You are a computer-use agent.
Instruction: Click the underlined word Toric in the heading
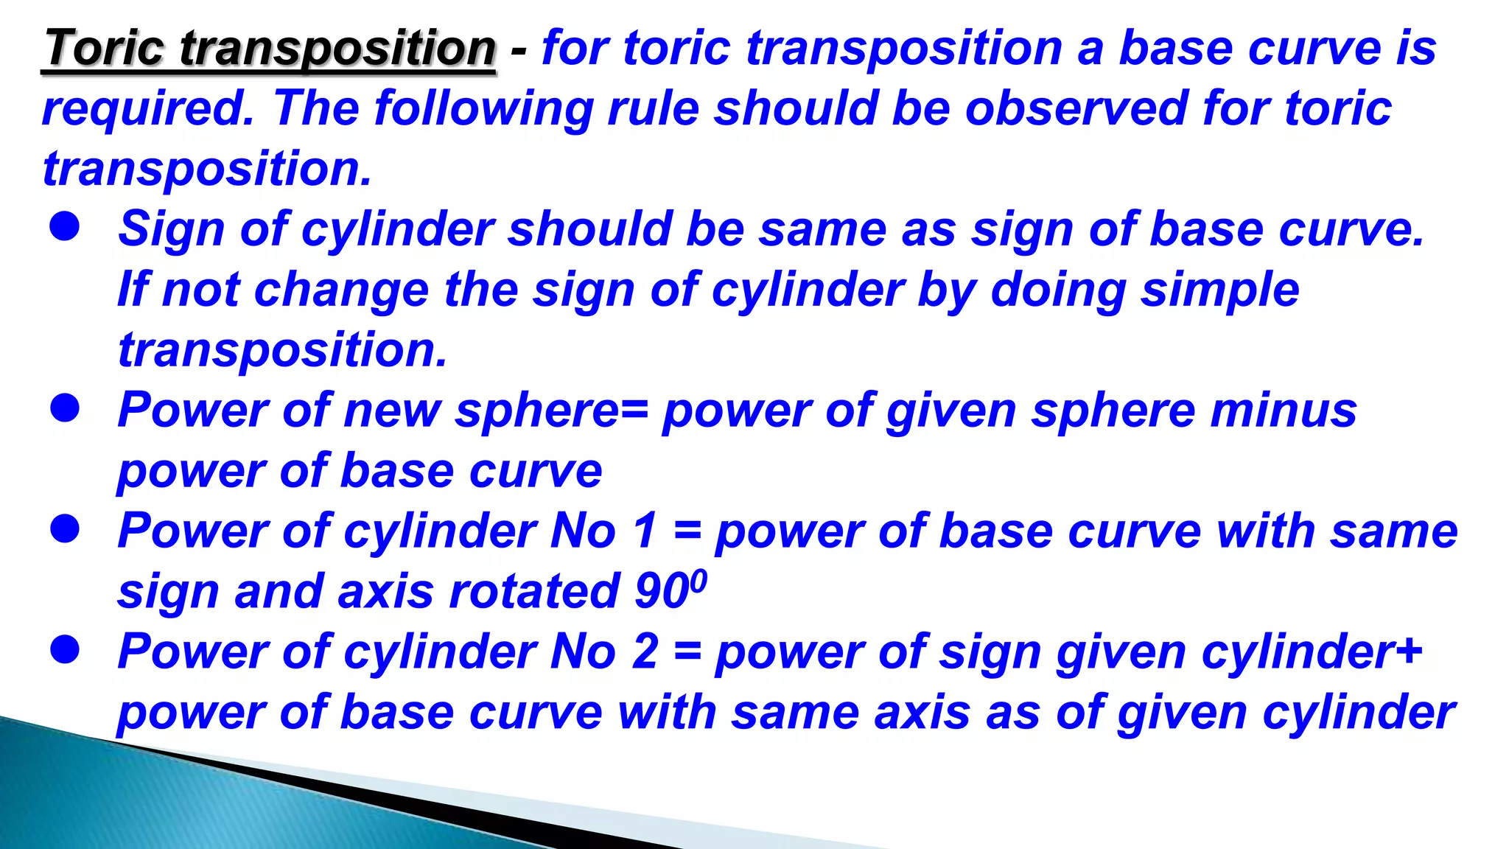click(105, 49)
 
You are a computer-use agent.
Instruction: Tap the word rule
click(653, 109)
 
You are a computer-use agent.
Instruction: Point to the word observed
click(1076, 109)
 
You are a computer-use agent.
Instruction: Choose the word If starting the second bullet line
click(133, 289)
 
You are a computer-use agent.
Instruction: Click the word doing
click(1058, 290)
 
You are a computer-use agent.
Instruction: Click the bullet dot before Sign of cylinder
click(65, 227)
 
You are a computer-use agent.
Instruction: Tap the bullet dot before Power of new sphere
click(65, 408)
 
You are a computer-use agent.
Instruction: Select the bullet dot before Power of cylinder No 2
click(65, 649)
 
